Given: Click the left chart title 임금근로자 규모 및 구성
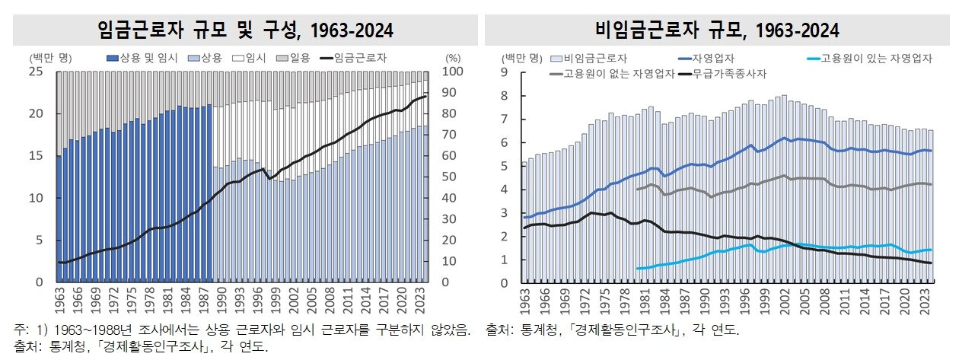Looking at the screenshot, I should pyautogui.click(x=245, y=30).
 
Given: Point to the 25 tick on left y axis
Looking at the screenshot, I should pyautogui.click(x=34, y=72).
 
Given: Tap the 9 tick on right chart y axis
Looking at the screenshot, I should pyautogui.click(x=503, y=72).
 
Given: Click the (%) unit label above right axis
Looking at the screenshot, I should pyautogui.click(x=453, y=57).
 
